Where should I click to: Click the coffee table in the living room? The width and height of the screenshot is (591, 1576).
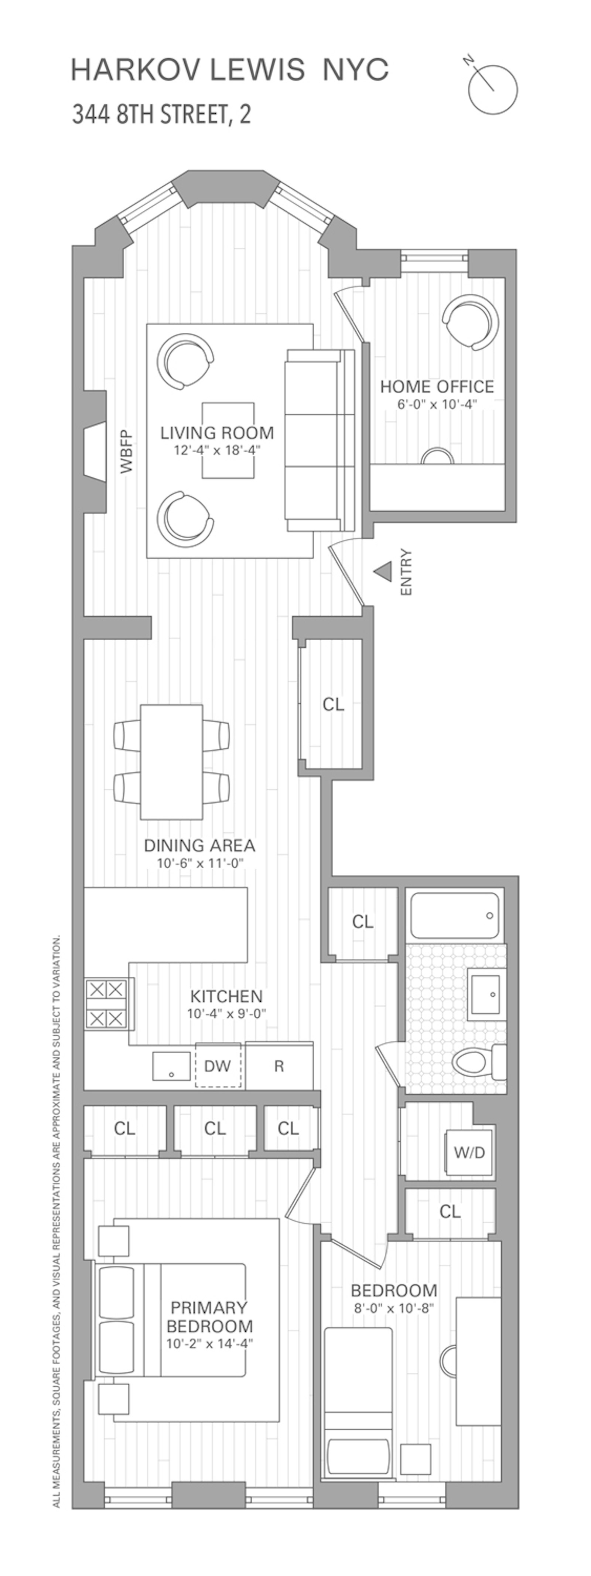click(229, 441)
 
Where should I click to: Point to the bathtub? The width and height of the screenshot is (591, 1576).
click(455, 916)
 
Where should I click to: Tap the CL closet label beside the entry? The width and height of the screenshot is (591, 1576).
click(333, 704)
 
